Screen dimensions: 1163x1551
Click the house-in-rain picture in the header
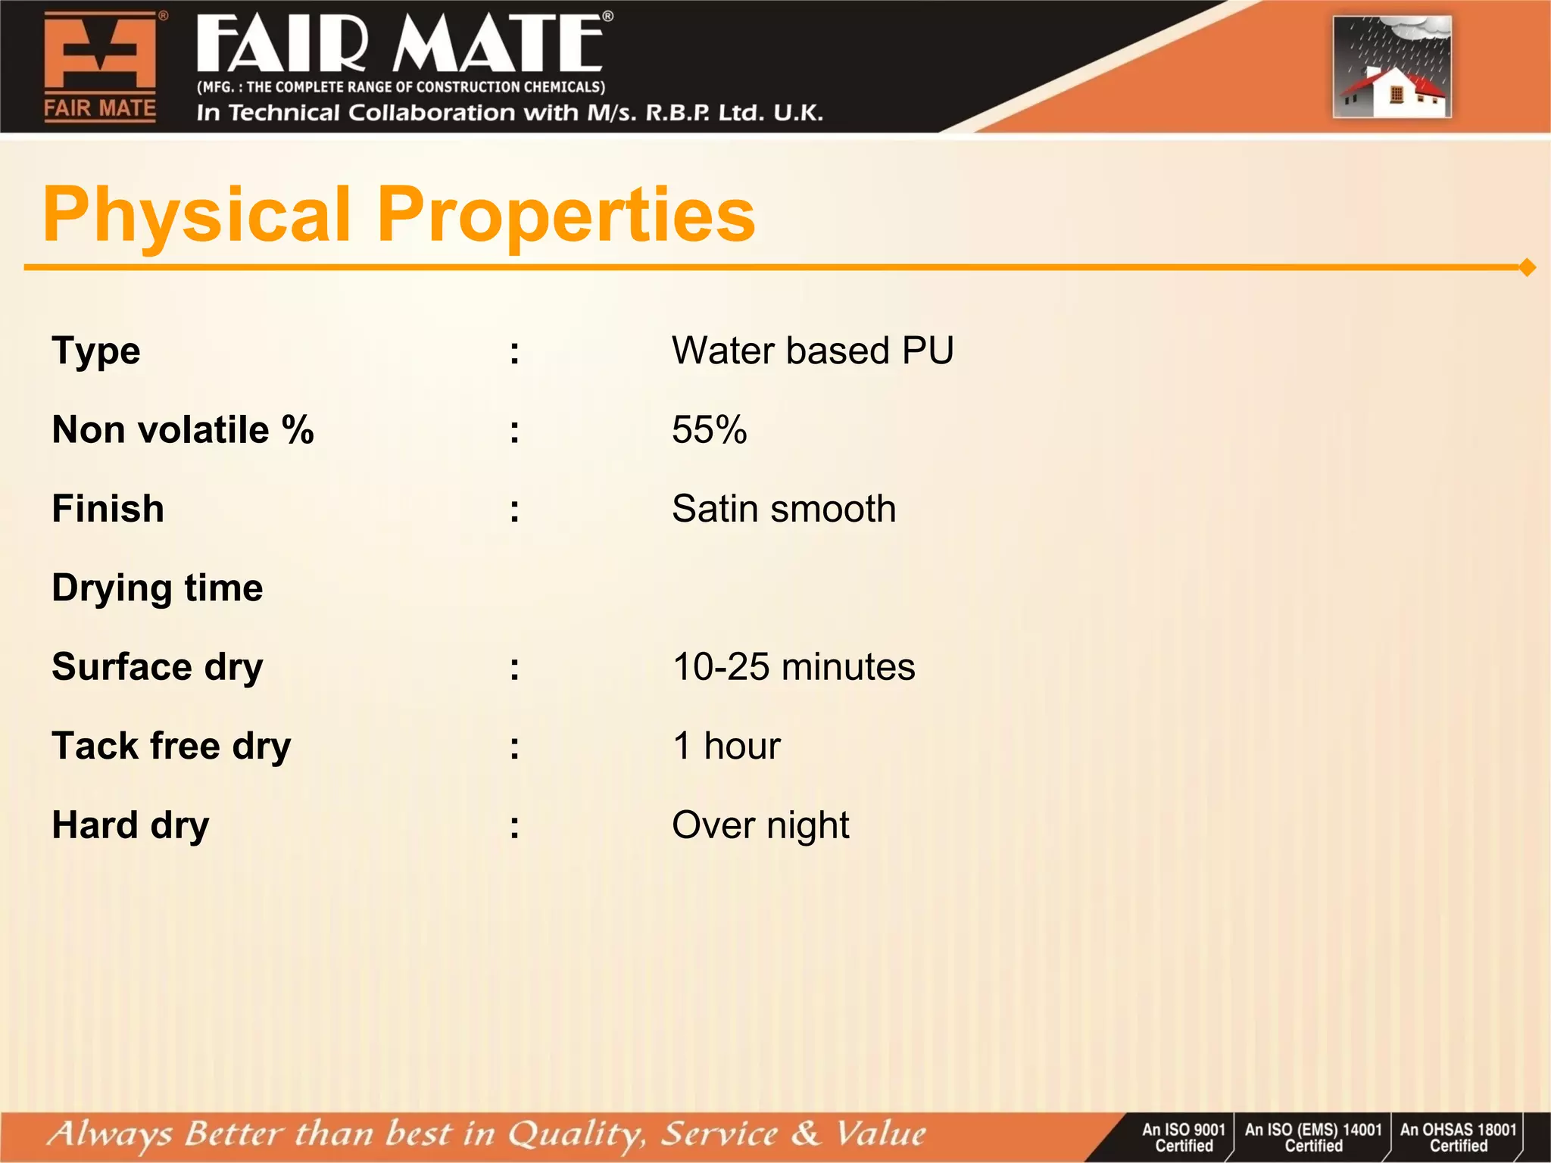coord(1392,67)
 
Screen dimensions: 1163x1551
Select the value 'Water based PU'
coord(812,351)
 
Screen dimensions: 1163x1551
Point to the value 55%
coord(709,430)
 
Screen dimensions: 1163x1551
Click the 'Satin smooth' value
coord(784,509)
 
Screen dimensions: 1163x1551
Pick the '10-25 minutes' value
coord(793,667)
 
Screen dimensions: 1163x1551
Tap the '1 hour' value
coord(726,746)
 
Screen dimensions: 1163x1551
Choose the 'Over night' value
coord(760,825)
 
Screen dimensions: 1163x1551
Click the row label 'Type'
coord(96,351)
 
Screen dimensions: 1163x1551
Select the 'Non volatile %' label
coord(183,430)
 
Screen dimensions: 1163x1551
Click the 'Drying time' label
coord(158,588)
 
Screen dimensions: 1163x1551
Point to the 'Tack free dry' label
coord(171,746)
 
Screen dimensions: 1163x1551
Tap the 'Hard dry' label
coord(130,825)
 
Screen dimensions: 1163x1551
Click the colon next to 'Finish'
coord(515,510)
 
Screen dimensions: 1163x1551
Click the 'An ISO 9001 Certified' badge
coord(1183,1137)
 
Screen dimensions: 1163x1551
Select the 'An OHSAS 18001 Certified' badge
coord(1458,1137)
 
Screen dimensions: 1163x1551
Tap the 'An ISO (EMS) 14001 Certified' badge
coord(1313,1137)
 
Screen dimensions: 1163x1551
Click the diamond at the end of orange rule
coord(1527,267)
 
